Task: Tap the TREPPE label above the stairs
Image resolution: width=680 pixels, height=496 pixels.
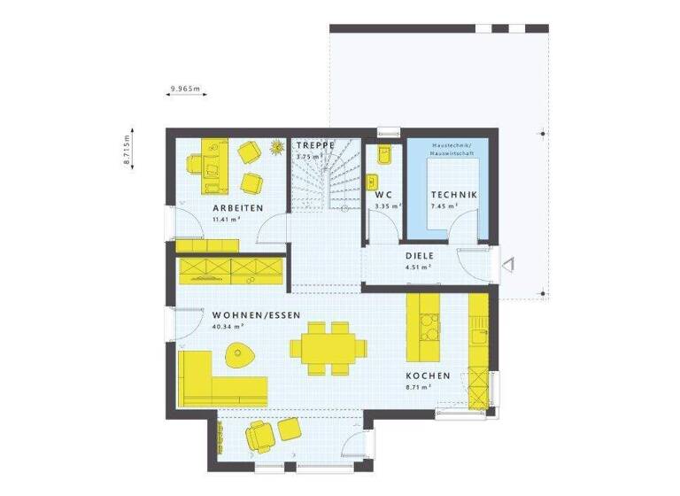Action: pyautogui.click(x=315, y=144)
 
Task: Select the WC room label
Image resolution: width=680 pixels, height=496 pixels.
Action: pyautogui.click(x=382, y=194)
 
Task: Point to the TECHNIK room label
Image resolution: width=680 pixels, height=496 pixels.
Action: pyautogui.click(x=454, y=194)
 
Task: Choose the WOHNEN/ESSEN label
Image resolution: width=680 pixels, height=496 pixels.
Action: pyautogui.click(x=256, y=315)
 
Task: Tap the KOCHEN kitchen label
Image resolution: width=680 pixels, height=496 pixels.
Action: pyautogui.click(x=429, y=376)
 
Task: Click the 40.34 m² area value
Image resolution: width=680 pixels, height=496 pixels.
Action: pyautogui.click(x=228, y=327)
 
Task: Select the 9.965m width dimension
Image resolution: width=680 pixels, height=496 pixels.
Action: pyautogui.click(x=185, y=89)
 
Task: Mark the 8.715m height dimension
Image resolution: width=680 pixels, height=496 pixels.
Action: pyautogui.click(x=127, y=150)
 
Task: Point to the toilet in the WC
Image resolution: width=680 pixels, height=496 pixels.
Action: pyautogui.click(x=383, y=156)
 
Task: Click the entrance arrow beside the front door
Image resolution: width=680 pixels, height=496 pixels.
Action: pyautogui.click(x=507, y=262)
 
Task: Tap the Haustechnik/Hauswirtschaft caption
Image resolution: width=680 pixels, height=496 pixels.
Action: pyautogui.click(x=452, y=148)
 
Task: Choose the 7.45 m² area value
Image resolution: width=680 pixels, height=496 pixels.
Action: pyautogui.click(x=444, y=205)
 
